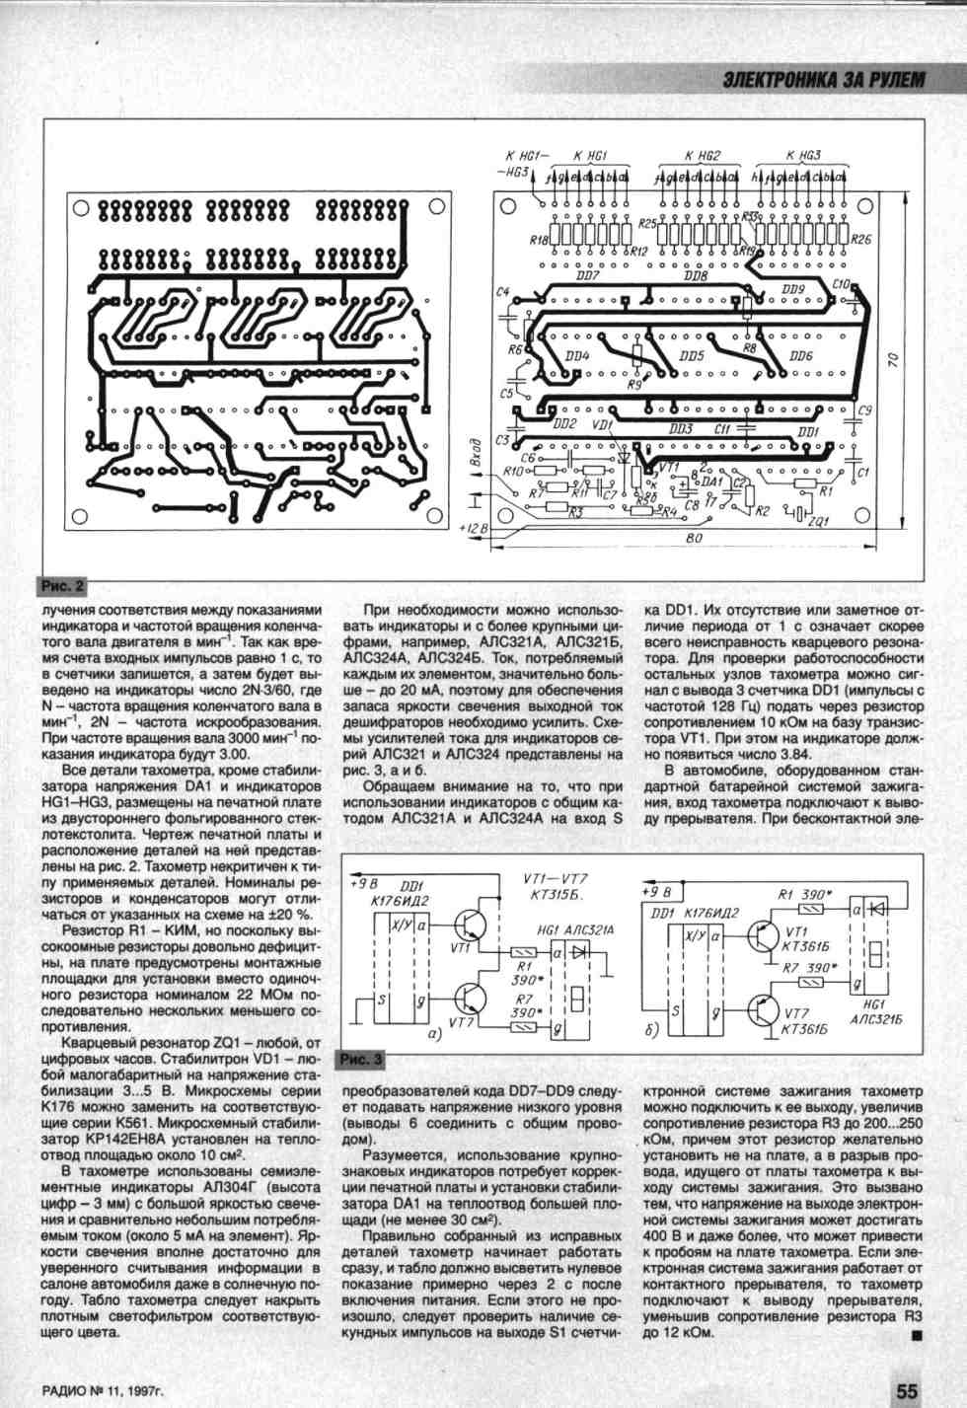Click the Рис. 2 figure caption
point(61,586)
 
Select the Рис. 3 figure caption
point(362,1060)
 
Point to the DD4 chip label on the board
point(578,355)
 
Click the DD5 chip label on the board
point(692,356)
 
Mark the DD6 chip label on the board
point(800,356)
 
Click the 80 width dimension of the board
point(693,540)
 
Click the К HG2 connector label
point(702,156)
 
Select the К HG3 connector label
point(802,156)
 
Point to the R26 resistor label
point(860,240)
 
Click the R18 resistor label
point(538,240)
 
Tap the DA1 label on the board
point(711,482)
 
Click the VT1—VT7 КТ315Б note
point(555,887)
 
